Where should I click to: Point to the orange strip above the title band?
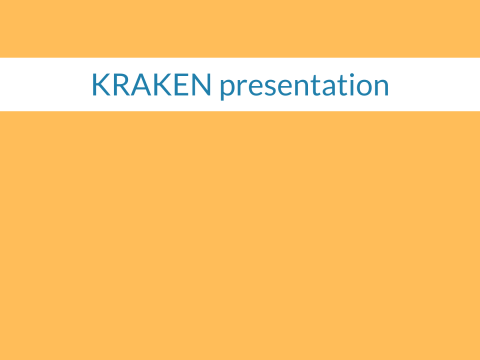click(240, 28)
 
